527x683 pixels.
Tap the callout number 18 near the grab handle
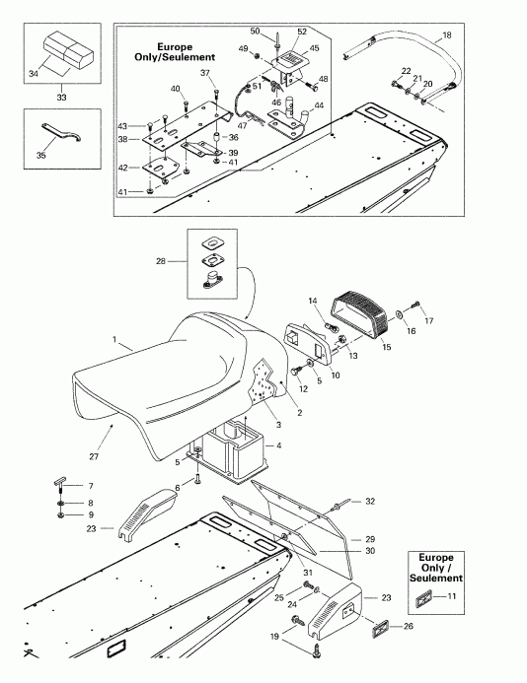coord(447,35)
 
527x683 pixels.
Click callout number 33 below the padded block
coord(63,97)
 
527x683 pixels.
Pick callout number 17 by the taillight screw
coord(428,321)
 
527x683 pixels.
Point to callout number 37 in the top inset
coord(205,73)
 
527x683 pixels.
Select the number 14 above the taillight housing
coord(312,300)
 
